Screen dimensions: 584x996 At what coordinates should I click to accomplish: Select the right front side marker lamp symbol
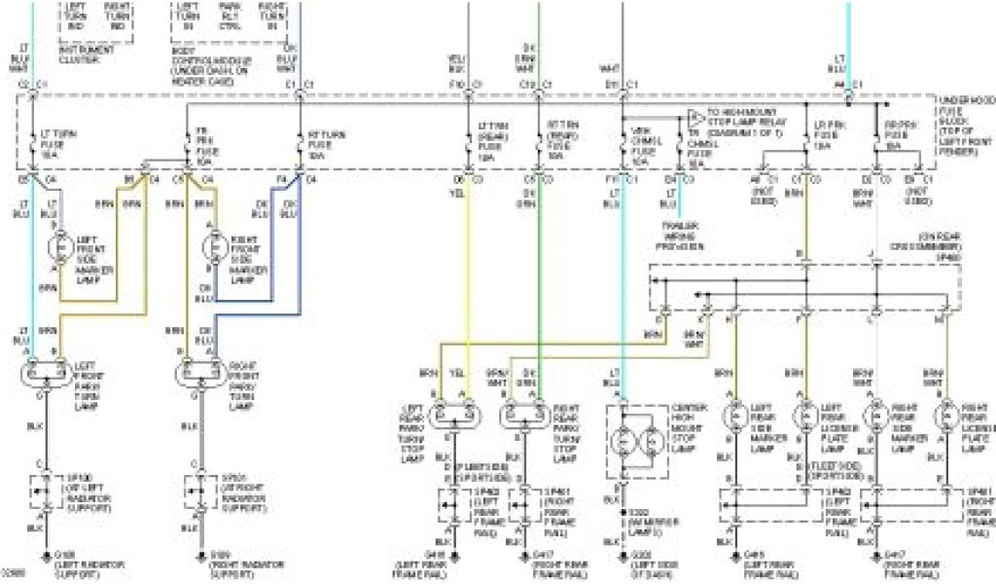click(211, 247)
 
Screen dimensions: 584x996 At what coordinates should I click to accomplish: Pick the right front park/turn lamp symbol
click(197, 372)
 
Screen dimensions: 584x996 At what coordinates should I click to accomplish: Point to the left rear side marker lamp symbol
click(734, 417)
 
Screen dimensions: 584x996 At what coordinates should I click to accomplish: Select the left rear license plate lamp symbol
click(805, 417)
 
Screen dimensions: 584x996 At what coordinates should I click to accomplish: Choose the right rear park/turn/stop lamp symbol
click(522, 416)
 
